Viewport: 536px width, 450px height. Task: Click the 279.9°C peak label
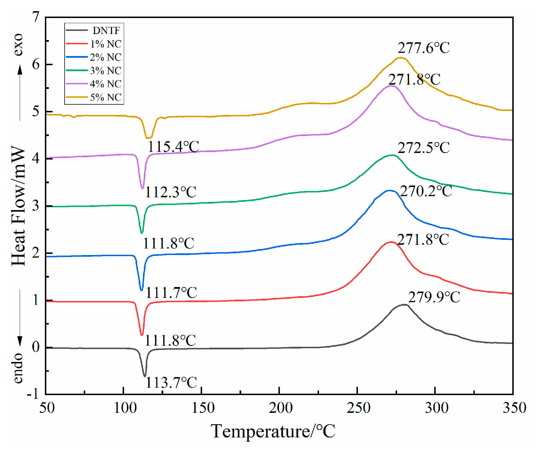point(434,297)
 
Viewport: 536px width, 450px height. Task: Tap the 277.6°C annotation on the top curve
point(423,48)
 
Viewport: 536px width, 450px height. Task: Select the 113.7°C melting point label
point(171,383)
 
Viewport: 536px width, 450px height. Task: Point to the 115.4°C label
point(173,147)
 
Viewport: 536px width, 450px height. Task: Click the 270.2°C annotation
point(426,191)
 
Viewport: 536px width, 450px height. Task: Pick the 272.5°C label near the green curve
point(423,148)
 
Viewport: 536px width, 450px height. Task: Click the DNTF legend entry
point(106,30)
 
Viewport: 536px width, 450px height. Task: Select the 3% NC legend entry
point(105,70)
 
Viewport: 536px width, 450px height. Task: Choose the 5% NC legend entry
point(105,97)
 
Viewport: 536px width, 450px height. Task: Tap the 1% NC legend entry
point(105,44)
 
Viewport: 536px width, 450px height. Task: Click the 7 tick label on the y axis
point(36,17)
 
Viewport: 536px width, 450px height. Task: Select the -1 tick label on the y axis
point(33,395)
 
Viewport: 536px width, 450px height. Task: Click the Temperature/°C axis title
point(273,431)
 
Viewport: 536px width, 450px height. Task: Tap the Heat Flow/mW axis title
point(19,206)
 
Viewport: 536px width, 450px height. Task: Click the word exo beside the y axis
point(18,44)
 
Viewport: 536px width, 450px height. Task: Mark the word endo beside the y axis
point(18,368)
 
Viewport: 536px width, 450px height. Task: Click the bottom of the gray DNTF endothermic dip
point(145,376)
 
